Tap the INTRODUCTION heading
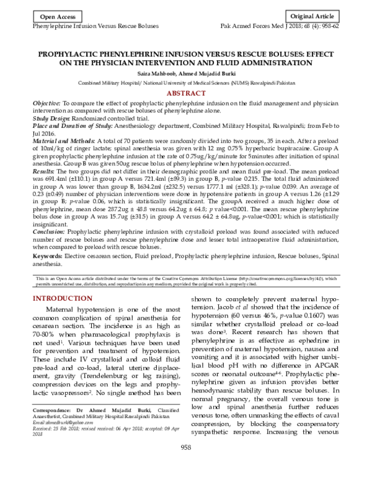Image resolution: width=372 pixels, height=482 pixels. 62,299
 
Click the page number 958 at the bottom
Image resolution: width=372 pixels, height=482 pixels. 186,465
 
